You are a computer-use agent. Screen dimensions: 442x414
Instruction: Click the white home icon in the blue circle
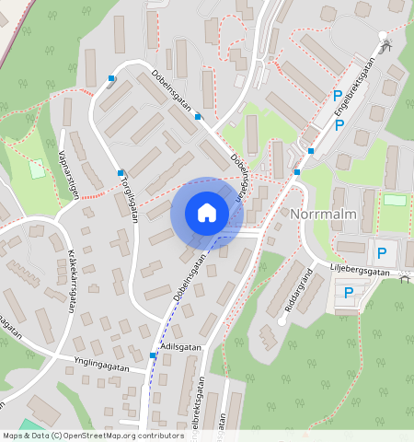pyautogui.click(x=207, y=213)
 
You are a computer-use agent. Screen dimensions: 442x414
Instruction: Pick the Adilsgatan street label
pyautogui.click(x=180, y=346)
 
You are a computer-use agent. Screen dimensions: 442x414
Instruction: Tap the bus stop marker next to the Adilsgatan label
pyautogui.click(x=153, y=355)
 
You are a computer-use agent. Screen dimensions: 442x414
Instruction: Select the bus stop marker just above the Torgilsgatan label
pyautogui.click(x=121, y=172)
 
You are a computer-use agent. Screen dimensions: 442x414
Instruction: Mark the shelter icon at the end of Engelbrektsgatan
pyautogui.click(x=385, y=47)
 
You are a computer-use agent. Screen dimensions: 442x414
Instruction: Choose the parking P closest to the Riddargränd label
pyautogui.click(x=349, y=293)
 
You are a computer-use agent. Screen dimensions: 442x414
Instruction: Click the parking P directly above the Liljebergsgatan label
pyautogui.click(x=381, y=250)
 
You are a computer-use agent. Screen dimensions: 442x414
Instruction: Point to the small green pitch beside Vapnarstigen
pyautogui.click(x=37, y=169)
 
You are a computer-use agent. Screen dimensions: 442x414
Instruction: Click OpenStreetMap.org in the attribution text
pyautogui.click(x=99, y=436)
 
